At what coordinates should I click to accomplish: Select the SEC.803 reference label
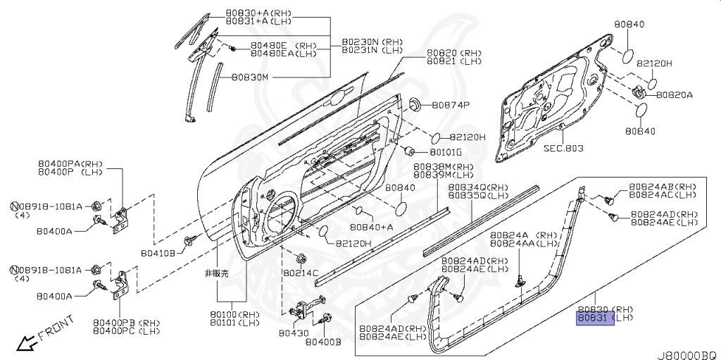tap(564, 149)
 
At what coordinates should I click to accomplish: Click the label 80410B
tap(157, 252)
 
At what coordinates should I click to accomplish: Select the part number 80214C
tap(301, 272)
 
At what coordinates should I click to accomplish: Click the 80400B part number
tap(323, 342)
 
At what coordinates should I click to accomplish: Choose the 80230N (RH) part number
tap(372, 42)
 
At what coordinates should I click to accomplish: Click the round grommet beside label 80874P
tap(413, 104)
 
